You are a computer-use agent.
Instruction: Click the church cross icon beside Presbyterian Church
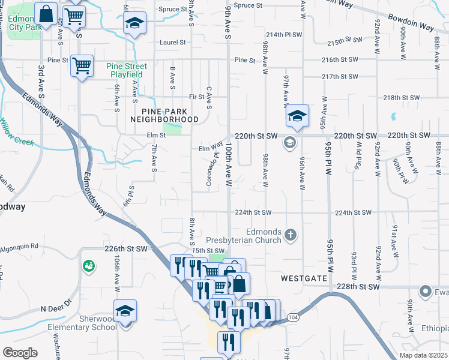pos(291,235)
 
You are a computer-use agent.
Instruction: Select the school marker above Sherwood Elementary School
pos(125,310)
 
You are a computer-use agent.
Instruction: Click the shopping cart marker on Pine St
pos(82,65)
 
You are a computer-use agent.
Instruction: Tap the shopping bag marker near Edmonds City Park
pos(46,13)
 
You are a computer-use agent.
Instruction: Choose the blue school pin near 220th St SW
pos(297,116)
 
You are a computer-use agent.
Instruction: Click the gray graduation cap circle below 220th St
pos(289,143)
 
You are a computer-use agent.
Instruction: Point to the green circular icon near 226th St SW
pos(89,265)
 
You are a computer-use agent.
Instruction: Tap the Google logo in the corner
pos(19,353)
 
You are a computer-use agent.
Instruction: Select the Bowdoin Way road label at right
pos(411,23)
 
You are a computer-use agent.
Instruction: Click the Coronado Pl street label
pos(212,169)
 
